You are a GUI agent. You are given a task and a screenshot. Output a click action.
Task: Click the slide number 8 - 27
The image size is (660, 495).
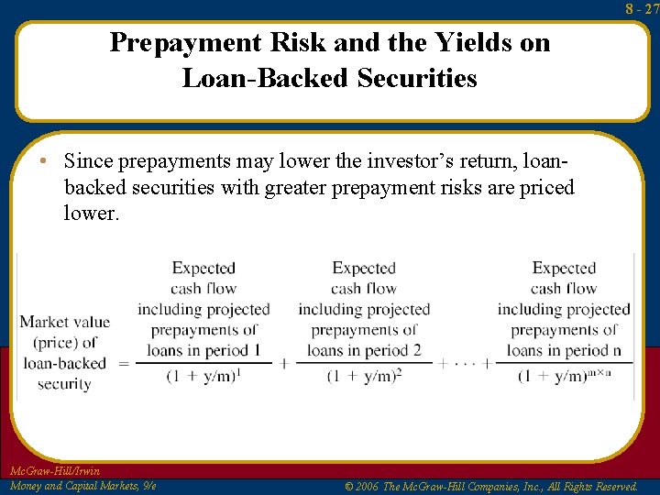(643, 8)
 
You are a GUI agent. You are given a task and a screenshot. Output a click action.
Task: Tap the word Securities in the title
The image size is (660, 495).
(420, 79)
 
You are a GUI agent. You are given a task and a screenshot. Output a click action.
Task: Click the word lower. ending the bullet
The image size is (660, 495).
(92, 213)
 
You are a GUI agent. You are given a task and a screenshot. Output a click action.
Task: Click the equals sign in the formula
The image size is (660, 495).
(124, 363)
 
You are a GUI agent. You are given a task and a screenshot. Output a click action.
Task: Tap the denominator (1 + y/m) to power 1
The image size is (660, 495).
(203, 377)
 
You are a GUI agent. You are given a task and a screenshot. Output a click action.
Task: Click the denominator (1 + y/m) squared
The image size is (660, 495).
(363, 377)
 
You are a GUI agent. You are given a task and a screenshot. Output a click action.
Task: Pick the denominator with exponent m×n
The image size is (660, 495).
(563, 377)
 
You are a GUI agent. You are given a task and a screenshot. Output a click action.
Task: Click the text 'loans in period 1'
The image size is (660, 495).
(203, 350)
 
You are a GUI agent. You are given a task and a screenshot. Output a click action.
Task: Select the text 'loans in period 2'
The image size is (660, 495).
(363, 350)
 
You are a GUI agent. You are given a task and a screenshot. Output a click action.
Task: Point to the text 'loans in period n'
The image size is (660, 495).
(564, 350)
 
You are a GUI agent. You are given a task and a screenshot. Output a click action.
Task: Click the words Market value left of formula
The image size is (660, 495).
(64, 322)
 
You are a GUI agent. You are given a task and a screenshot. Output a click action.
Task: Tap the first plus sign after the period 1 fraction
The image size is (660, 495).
(284, 363)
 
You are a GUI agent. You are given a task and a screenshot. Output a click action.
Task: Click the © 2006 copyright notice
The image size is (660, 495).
(490, 486)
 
